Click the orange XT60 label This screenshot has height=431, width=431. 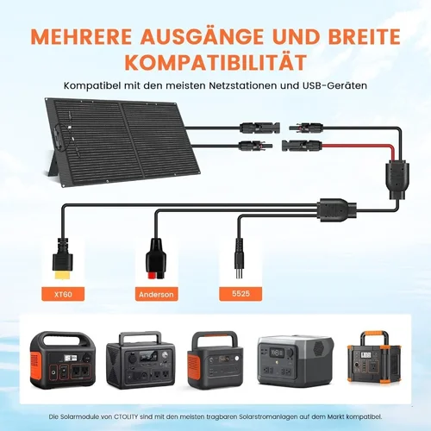point(63,294)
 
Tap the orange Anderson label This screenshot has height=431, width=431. point(156,294)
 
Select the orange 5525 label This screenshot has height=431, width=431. point(240,294)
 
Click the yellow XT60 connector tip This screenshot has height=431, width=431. point(63,276)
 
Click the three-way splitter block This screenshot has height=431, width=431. point(337,210)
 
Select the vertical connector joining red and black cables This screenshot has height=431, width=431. point(398,180)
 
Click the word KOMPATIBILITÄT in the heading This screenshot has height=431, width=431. point(215,62)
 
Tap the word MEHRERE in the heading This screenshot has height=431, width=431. point(81,37)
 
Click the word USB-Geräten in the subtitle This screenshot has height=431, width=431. point(334,85)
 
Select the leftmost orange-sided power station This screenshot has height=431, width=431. point(63,359)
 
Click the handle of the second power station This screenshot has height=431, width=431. point(141,336)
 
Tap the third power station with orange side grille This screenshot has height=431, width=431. point(215,360)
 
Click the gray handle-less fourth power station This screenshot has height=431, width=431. point(296,360)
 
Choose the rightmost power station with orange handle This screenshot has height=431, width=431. point(374,357)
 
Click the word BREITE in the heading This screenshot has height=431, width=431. point(365,37)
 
